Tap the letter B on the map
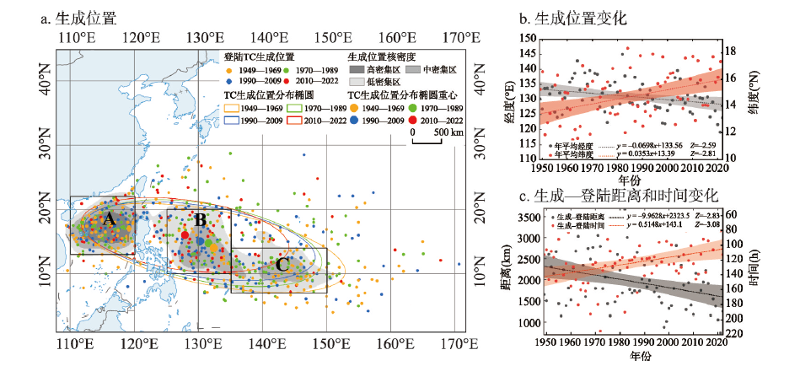[200, 221]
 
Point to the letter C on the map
[282, 265]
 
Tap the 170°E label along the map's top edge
[454, 38]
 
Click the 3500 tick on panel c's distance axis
[523, 217]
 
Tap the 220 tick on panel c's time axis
[733, 333]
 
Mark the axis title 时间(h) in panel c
[755, 272]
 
